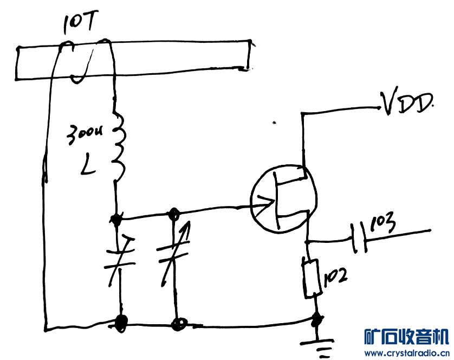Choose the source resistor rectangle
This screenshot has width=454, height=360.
310,278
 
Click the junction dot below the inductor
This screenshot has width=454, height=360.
115,218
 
